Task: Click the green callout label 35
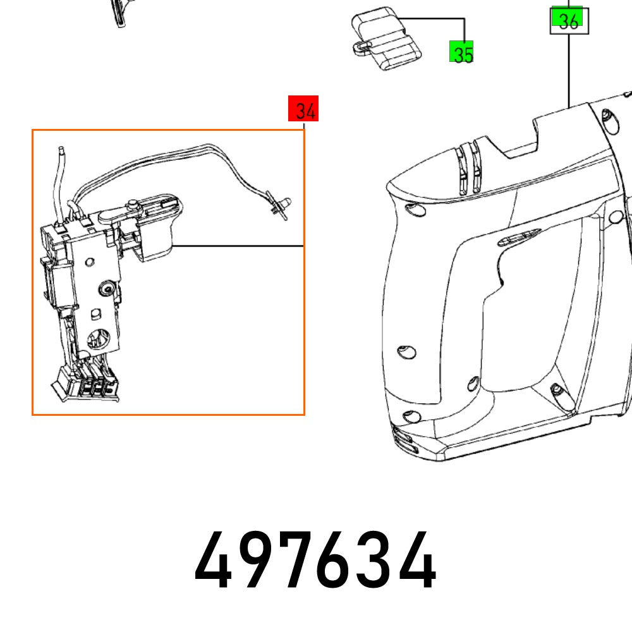point(461,52)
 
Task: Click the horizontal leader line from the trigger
point(240,245)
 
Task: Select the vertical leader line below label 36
point(569,70)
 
